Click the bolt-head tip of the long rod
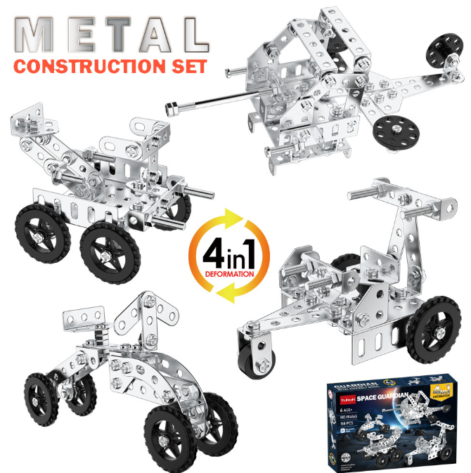click(169, 108)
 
